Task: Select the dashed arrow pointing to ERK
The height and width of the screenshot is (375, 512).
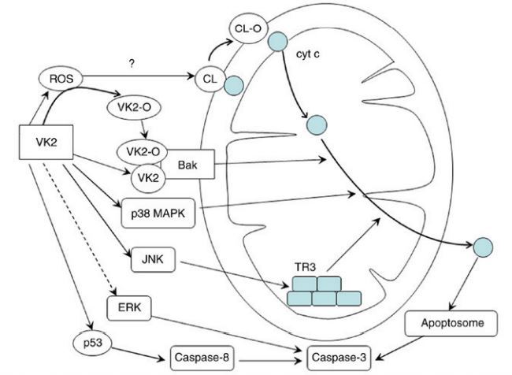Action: pos(91,236)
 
